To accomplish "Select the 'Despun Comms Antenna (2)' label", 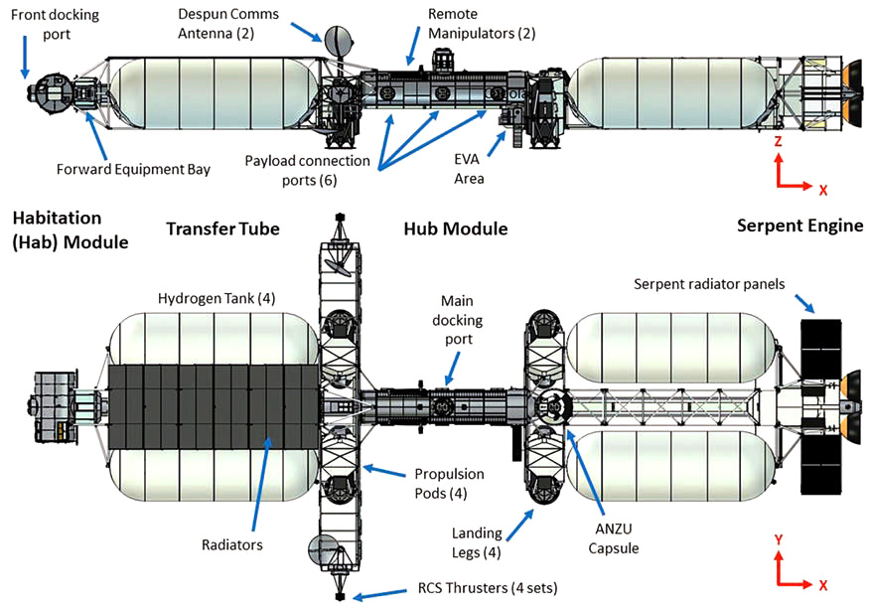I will point(228,26).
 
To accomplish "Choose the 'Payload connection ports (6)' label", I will point(308,169).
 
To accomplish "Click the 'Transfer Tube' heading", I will point(222,229).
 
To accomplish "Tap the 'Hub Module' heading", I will point(456,229).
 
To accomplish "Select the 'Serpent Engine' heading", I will point(799,226).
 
